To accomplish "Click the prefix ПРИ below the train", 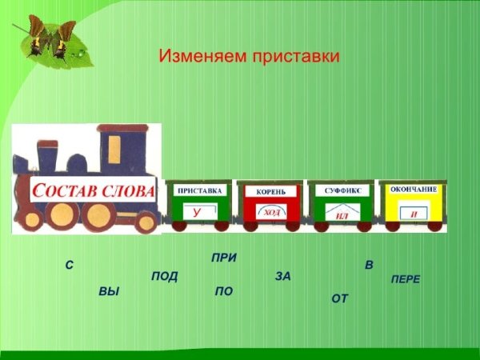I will [x=224, y=258].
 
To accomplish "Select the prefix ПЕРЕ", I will [x=405, y=279].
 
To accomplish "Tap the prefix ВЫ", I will [x=109, y=292].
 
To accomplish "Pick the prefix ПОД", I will [x=164, y=277].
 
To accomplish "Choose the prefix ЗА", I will [x=282, y=276].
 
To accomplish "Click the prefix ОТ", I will [x=340, y=298].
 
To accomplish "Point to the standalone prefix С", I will [x=70, y=265].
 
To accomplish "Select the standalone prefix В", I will [x=369, y=265].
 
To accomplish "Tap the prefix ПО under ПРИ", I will [x=224, y=292].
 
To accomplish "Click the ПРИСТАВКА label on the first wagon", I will [x=199, y=191].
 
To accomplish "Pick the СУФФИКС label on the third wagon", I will [x=341, y=191].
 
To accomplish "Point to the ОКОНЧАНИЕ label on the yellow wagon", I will [x=413, y=189].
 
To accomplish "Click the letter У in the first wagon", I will [x=198, y=212].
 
